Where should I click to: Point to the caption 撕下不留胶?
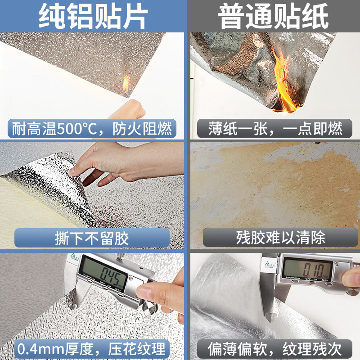(x=92, y=237)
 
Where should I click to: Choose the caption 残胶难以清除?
(x=275, y=237)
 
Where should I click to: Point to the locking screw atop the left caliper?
(x=122, y=255)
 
